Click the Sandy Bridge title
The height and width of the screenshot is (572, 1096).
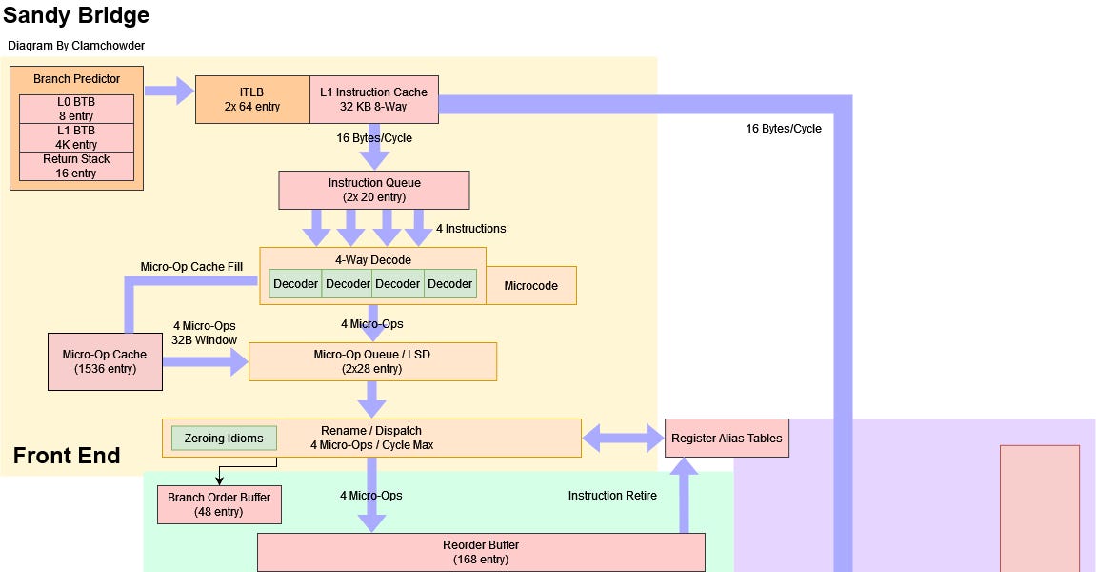(76, 16)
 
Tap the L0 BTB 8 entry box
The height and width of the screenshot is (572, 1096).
(76, 109)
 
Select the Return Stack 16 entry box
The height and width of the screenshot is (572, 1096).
(76, 166)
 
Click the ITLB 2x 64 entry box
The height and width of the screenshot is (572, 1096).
(252, 99)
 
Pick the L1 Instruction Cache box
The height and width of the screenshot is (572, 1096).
(373, 99)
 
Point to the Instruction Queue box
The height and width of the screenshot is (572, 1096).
(373, 190)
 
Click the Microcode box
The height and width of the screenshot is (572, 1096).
(530, 285)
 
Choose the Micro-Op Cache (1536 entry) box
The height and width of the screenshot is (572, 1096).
(105, 361)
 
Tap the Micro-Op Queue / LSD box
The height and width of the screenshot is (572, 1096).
(372, 361)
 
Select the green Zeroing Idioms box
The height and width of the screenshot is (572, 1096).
(224, 439)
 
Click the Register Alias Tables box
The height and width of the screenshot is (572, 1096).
(727, 439)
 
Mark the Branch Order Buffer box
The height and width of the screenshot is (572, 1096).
(219, 504)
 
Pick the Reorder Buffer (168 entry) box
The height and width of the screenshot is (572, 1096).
(481, 552)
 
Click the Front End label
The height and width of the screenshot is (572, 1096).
(67, 456)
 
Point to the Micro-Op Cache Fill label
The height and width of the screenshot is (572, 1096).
(191, 267)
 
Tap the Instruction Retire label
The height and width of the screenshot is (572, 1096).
(612, 496)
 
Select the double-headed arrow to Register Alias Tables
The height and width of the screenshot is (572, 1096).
(623, 439)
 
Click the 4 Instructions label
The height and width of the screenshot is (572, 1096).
(470, 229)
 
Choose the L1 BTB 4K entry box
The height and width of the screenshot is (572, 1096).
(76, 137)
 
